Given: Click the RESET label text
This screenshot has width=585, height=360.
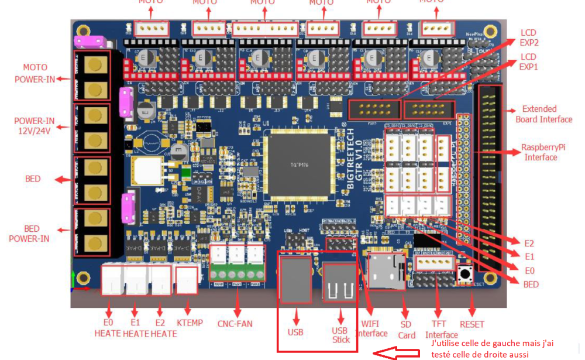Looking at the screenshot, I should tap(472, 324).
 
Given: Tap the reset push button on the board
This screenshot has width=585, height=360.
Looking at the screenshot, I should tap(466, 273).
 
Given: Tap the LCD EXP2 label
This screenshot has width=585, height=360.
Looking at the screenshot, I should tap(528, 37).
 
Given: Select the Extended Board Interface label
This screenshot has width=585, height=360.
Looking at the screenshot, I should tap(543, 114).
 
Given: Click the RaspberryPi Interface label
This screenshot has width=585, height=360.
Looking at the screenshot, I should tap(541, 153).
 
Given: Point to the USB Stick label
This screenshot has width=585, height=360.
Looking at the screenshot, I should tap(341, 335).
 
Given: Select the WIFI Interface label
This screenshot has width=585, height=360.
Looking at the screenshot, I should tap(371, 328).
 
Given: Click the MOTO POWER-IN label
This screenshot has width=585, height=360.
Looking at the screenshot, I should tap(35, 73).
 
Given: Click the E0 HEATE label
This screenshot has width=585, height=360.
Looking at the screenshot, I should tap(108, 328).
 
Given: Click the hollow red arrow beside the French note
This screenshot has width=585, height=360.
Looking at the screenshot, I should tap(396, 354).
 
